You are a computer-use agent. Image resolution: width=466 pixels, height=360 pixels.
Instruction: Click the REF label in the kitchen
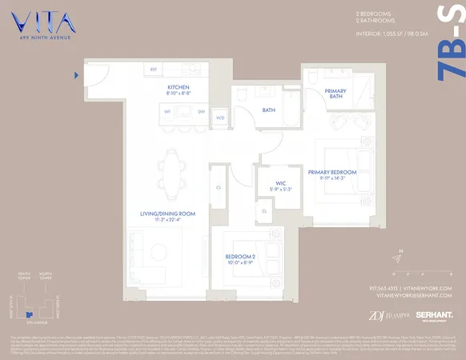tap(154, 70)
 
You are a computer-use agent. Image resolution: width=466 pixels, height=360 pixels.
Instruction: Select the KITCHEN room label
tap(178, 87)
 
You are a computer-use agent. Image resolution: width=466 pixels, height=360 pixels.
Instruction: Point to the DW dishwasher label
tap(202, 112)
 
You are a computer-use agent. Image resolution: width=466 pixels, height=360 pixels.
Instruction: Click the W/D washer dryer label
tap(220, 118)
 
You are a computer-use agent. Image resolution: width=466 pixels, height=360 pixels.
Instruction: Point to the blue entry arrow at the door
tap(76, 76)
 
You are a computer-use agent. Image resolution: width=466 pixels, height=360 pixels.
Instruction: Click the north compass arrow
tap(398, 258)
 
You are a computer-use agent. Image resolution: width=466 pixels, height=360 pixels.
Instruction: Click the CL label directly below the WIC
tap(264, 210)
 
